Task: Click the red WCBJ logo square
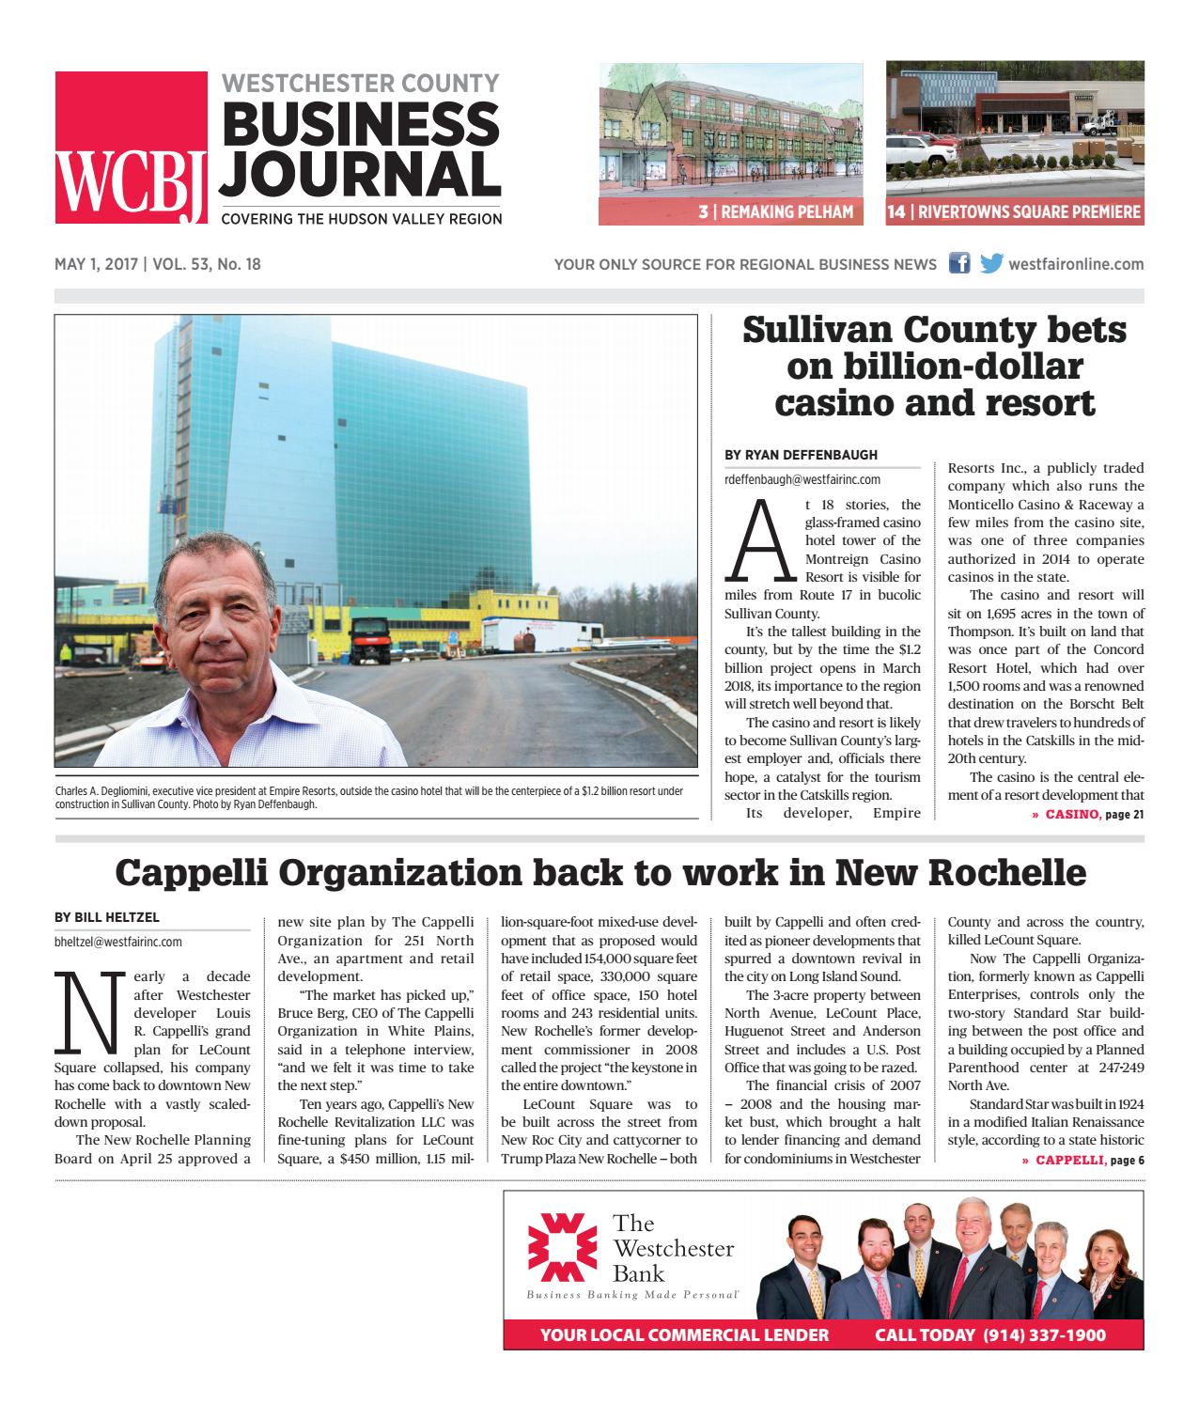click(131, 148)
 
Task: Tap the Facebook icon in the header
click(959, 264)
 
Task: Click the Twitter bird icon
click(990, 264)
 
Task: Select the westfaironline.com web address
click(1076, 264)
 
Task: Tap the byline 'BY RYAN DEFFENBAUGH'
click(801, 455)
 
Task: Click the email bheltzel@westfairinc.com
click(118, 941)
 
